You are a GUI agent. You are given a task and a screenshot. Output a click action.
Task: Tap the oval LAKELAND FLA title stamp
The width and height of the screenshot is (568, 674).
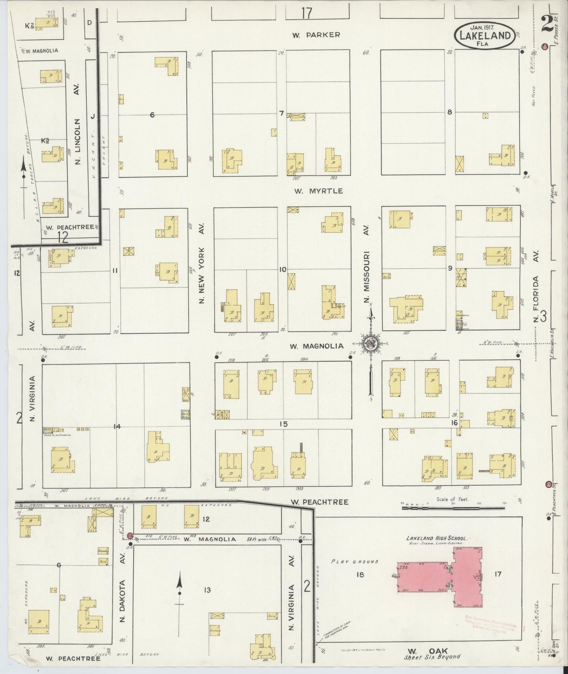[x=485, y=37]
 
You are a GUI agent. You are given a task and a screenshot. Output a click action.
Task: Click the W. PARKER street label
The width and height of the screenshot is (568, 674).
[x=316, y=35]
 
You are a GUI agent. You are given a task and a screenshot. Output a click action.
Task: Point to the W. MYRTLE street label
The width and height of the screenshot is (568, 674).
[x=318, y=191]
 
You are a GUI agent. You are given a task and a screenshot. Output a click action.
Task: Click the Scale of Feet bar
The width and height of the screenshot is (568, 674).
[x=453, y=508]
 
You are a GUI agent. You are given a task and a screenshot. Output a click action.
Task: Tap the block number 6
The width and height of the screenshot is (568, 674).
[x=152, y=115]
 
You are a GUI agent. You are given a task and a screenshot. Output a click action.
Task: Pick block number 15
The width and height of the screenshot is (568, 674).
[x=283, y=424]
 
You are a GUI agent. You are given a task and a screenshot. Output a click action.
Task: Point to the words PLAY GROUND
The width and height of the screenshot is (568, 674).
[x=355, y=562]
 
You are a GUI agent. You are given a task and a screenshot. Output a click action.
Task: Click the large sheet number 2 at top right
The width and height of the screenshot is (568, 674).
[x=546, y=24]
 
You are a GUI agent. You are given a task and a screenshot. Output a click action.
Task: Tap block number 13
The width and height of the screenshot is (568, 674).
[x=207, y=590]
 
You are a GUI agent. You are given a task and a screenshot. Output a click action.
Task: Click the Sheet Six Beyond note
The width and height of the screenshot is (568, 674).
[x=432, y=657]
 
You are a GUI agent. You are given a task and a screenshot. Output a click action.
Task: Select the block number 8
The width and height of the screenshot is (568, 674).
[x=449, y=112]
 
